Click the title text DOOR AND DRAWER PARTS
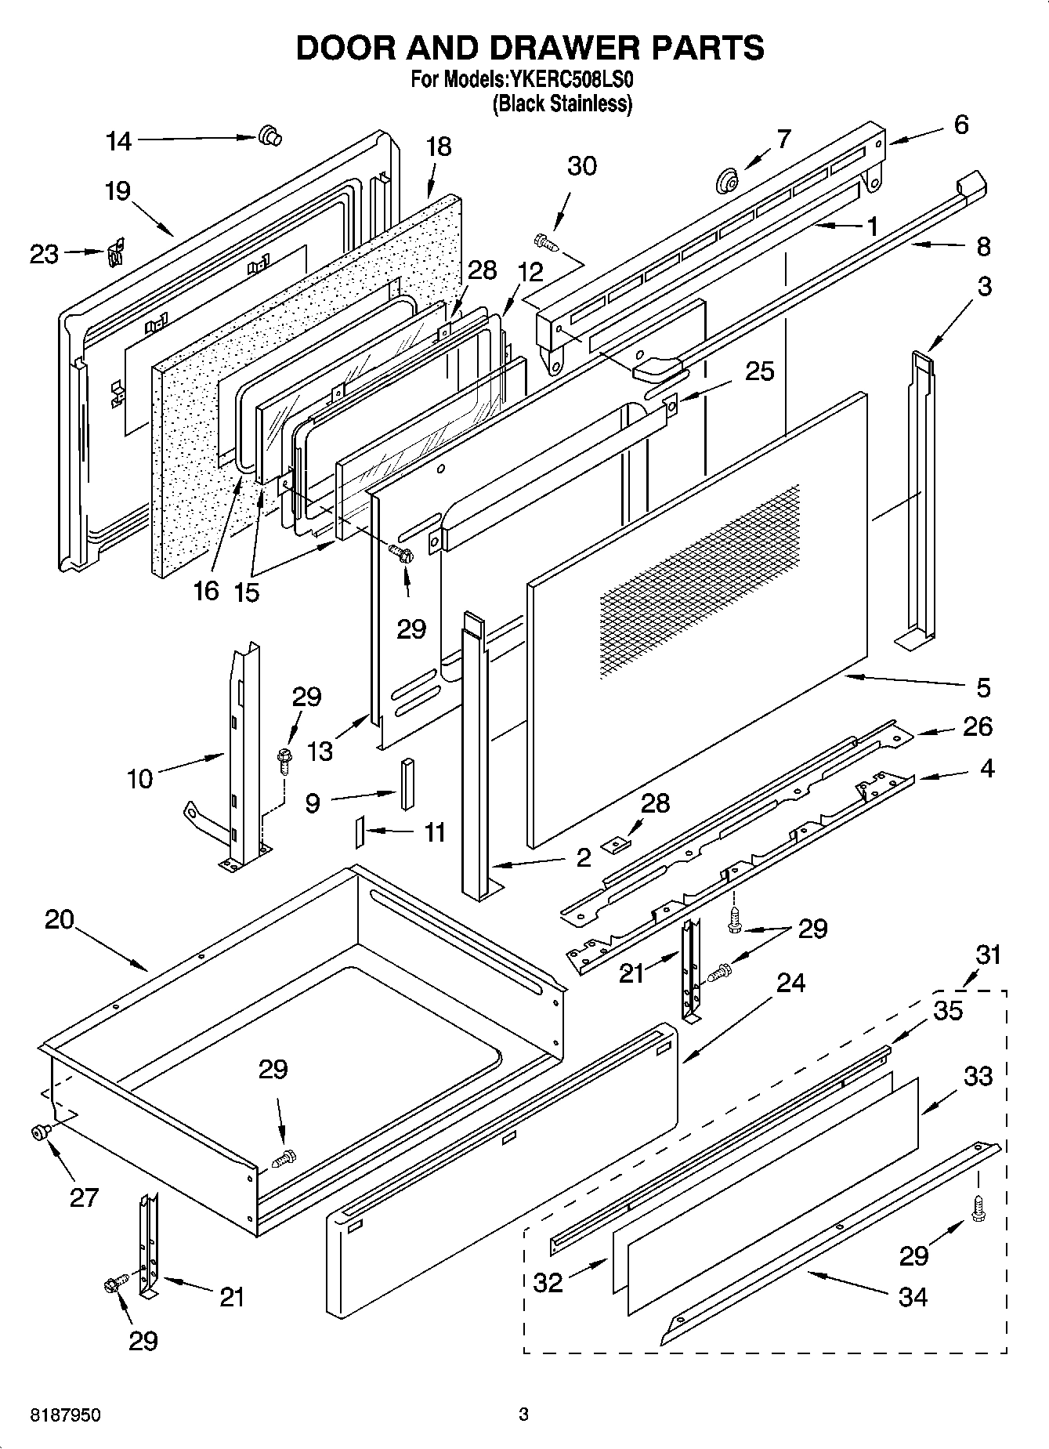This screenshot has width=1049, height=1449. coord(530,48)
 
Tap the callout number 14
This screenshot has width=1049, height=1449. coord(119,141)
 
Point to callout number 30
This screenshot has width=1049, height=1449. coord(581,166)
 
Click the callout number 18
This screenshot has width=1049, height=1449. coord(439,147)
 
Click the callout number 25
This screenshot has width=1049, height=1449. coord(758,371)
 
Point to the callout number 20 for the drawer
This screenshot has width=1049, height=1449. coord(59,919)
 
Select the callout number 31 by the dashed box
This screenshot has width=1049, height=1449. coord(989,955)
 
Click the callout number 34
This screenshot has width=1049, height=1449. coord(913,1297)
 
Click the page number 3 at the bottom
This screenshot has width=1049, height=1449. coord(523,1415)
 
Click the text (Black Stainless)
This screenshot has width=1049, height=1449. coord(562,103)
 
